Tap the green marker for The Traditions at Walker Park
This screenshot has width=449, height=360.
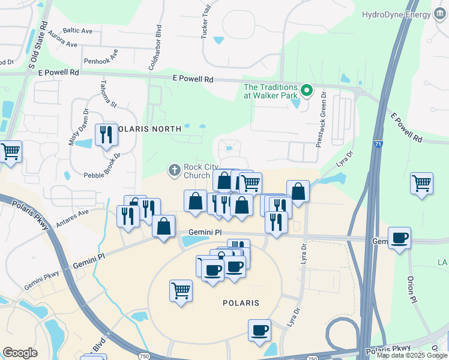click(307, 91)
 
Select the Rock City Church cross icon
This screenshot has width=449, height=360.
click(175, 170)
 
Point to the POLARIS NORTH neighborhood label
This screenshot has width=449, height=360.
click(147, 129)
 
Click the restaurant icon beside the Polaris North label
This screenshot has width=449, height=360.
click(106, 135)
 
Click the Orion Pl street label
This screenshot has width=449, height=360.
click(411, 289)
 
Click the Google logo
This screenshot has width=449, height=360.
click(20, 353)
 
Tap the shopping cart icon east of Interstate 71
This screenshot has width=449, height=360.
click(422, 183)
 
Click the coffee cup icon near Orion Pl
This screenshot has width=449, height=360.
click(399, 238)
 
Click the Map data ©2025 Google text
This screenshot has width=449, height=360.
click(411, 355)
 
